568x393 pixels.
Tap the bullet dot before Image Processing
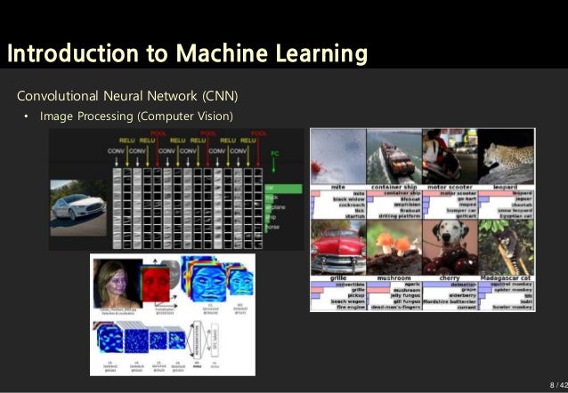click(26, 116)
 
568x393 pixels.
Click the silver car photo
click(77, 201)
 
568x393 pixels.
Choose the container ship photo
click(394, 156)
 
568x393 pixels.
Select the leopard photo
click(506, 156)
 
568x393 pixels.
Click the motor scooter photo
click(450, 156)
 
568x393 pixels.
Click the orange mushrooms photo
click(394, 246)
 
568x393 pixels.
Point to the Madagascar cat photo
click(506, 246)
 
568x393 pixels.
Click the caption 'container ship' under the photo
click(394, 187)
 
